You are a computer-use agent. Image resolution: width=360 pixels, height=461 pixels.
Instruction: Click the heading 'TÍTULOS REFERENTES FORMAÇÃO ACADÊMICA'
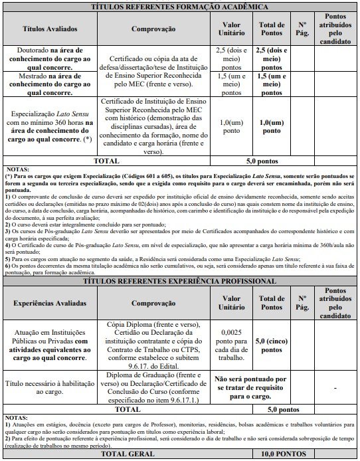pos(179,7)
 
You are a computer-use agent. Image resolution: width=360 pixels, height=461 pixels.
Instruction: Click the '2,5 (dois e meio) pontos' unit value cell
pos(230,59)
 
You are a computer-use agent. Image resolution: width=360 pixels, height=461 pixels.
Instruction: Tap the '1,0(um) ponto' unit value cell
pos(230,126)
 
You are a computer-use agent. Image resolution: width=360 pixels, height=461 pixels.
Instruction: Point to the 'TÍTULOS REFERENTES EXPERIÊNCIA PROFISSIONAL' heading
pos(179,281)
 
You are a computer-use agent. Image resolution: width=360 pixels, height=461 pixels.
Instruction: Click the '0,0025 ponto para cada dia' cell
pos(230,345)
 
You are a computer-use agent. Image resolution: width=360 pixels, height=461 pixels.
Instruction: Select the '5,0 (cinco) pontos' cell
pos(272,345)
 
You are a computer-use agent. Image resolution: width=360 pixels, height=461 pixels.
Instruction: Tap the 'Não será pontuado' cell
pos(252,387)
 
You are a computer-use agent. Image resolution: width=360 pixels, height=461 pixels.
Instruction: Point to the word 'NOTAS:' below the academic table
pos(18,169)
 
